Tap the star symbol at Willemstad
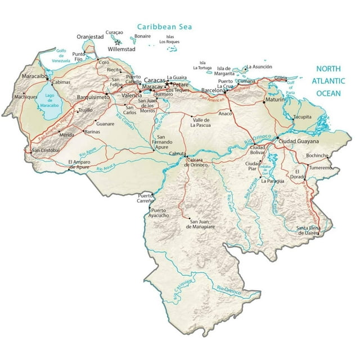point(118,42)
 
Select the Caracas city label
point(154,80)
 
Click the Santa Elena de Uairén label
point(308,229)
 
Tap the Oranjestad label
point(91,37)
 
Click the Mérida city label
point(67,136)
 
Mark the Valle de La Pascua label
point(202,122)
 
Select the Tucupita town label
point(302,118)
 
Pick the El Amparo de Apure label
point(78,164)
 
